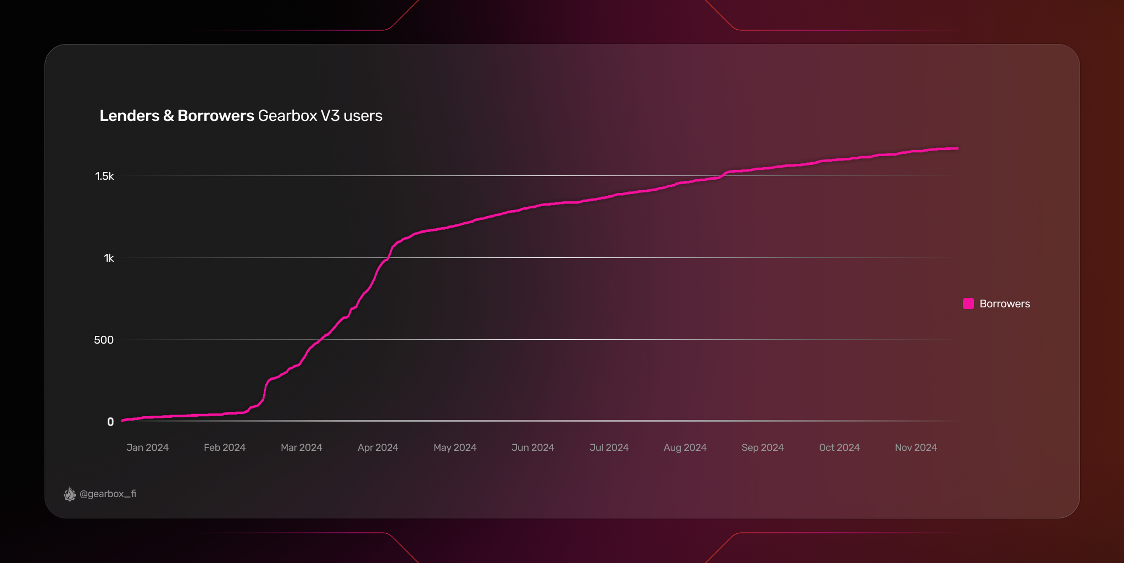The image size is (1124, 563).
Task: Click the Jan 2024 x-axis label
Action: [x=147, y=448]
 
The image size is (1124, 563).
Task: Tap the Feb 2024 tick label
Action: [x=225, y=448]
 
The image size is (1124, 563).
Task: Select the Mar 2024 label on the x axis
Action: [x=301, y=448]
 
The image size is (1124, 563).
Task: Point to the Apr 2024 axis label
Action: [x=378, y=448]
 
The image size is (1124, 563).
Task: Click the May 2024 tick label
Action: [x=455, y=448]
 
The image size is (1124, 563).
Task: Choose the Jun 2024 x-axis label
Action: [x=532, y=448]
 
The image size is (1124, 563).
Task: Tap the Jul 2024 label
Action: [x=609, y=448]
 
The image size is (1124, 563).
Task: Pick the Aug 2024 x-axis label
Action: [x=685, y=448]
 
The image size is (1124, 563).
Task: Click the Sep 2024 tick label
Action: [x=763, y=448]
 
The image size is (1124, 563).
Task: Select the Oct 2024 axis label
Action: [x=839, y=448]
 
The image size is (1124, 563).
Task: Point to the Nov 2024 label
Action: [x=916, y=448]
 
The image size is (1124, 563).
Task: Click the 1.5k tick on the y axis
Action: [x=104, y=176]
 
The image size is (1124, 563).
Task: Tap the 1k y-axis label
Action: [x=109, y=258]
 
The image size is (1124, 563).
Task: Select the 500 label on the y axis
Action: [x=104, y=340]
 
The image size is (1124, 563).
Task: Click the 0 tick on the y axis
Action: [x=110, y=422]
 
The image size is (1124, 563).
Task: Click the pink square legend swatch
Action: [x=969, y=303]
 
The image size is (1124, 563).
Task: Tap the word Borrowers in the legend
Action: [x=1005, y=304]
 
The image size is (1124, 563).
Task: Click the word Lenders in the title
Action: [x=129, y=116]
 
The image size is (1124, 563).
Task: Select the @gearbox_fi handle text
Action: [x=108, y=494]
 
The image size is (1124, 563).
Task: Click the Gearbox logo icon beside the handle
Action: [x=70, y=494]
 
